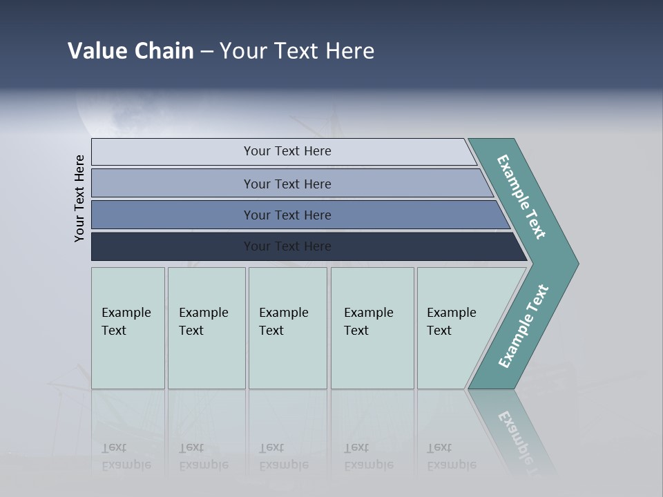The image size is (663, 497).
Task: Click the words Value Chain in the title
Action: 131,51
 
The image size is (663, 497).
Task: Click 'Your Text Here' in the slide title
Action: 297,51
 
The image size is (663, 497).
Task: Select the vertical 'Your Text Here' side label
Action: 79,198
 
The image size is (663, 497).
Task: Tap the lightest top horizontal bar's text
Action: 287,151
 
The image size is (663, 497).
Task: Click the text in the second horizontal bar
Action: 287,184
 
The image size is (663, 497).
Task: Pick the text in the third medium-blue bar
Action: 287,215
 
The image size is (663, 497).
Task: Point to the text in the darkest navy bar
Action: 287,246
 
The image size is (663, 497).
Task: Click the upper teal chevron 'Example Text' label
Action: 521,197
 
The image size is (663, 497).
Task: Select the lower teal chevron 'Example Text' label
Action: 523,327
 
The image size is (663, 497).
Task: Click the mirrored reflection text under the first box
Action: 126,456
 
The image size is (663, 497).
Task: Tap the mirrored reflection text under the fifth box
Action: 452,456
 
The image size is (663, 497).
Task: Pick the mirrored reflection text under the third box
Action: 284,456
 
